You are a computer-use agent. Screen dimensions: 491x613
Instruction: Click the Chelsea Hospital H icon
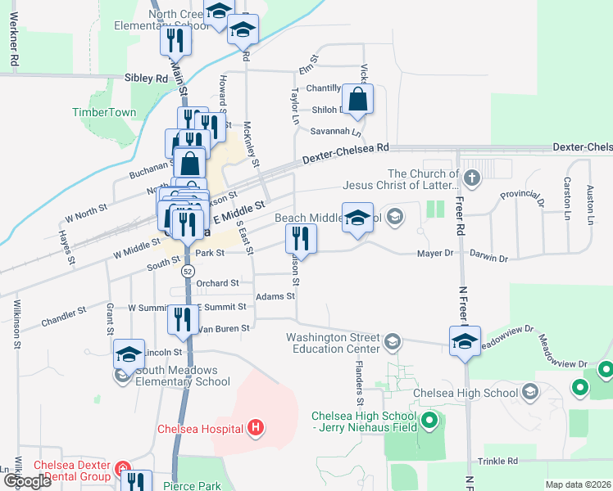tap(256, 427)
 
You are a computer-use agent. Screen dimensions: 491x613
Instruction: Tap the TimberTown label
tap(104, 112)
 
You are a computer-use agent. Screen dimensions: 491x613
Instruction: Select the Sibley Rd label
tap(146, 79)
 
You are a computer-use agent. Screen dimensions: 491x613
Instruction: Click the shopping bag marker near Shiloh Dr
tap(357, 101)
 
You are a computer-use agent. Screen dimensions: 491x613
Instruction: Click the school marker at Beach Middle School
tap(357, 218)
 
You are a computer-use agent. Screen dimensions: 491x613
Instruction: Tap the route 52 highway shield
tap(188, 271)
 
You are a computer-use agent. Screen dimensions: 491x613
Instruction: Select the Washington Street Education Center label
tap(333, 343)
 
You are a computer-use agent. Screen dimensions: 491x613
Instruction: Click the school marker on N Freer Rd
tap(464, 341)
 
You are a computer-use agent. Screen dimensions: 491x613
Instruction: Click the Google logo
tap(27, 481)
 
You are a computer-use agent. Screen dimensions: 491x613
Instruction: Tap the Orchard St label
tap(217, 283)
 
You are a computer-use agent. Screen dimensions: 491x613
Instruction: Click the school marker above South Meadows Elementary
tap(129, 355)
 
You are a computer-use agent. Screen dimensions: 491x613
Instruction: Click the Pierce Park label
tap(192, 485)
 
